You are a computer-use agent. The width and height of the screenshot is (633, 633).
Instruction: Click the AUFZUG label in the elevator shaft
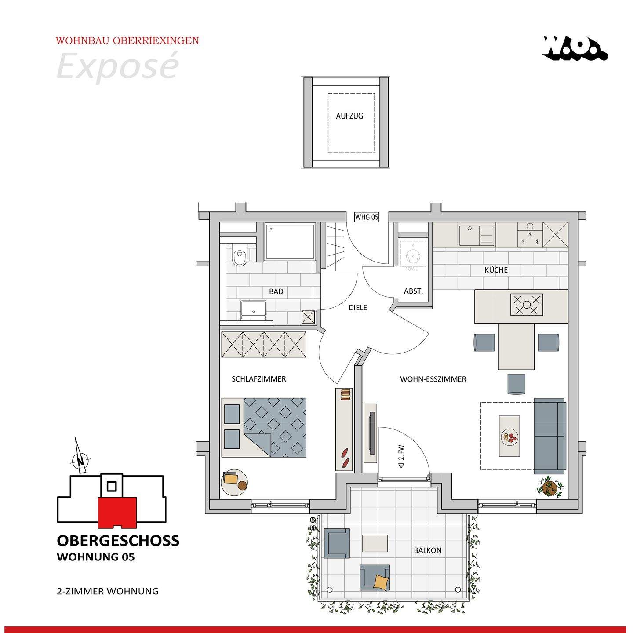(x=349, y=116)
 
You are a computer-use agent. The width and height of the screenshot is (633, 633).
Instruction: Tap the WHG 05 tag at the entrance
(x=367, y=217)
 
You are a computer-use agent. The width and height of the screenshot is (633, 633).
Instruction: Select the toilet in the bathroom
(x=239, y=254)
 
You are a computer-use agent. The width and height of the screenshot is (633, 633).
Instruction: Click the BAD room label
(x=276, y=291)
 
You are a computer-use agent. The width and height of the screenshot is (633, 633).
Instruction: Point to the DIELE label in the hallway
(x=358, y=308)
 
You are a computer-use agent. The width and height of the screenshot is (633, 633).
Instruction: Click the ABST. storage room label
(x=413, y=291)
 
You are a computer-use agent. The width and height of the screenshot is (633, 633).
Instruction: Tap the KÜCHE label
(x=496, y=270)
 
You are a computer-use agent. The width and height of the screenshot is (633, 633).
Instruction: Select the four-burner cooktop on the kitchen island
(x=526, y=305)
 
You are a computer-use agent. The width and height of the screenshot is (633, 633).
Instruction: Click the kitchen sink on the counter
(x=477, y=235)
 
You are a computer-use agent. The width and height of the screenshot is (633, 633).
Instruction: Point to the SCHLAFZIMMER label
(x=259, y=379)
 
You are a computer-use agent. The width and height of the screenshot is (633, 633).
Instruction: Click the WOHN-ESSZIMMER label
(x=433, y=379)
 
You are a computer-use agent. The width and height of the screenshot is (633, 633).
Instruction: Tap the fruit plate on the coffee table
(x=509, y=437)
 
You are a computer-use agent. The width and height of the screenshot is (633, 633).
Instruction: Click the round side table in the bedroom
(x=234, y=482)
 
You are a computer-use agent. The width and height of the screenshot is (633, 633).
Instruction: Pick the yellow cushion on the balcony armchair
(x=381, y=582)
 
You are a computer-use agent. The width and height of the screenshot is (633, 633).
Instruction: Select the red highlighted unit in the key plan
(x=117, y=513)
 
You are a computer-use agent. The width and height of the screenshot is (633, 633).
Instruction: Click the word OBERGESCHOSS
(x=118, y=541)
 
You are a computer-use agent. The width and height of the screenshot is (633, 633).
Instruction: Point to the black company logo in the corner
(x=575, y=48)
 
